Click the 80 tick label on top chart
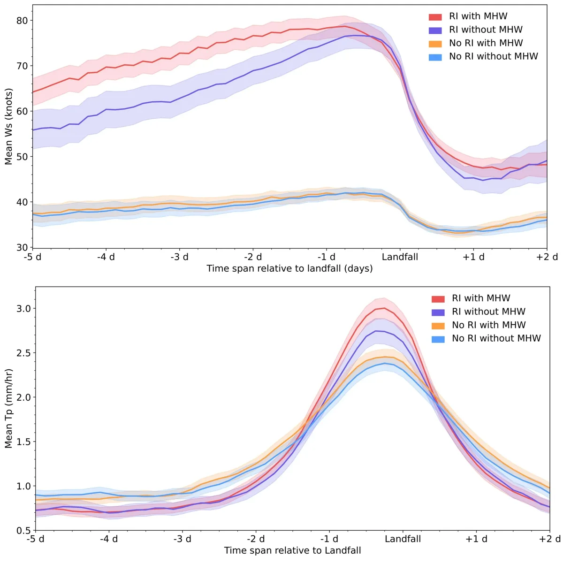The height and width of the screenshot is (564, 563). click(x=22, y=21)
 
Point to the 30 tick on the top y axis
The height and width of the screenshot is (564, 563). click(x=22, y=247)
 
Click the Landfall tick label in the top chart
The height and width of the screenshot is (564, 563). click(x=400, y=257)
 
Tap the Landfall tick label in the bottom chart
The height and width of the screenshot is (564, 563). click(x=403, y=539)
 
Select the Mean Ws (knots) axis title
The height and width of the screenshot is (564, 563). click(x=8, y=127)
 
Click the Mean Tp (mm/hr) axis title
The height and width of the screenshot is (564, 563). click(x=8, y=408)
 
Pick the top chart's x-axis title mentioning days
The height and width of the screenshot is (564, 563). click(x=289, y=269)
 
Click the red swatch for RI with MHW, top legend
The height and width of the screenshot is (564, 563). click(x=435, y=17)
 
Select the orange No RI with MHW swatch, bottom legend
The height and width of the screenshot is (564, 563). click(x=438, y=326)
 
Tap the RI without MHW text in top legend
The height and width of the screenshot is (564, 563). click(x=486, y=30)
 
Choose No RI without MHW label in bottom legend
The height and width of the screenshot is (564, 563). click(x=496, y=339)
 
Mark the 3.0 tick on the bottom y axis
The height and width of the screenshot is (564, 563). click(x=24, y=309)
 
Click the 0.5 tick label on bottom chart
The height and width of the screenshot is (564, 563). click(x=24, y=531)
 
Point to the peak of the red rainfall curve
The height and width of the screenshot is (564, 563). click(x=384, y=308)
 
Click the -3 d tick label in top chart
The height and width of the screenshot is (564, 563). click(x=179, y=257)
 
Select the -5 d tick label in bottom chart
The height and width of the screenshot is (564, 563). click(x=35, y=539)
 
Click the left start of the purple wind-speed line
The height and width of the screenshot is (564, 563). click(x=33, y=130)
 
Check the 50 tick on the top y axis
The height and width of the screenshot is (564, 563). click(x=22, y=157)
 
